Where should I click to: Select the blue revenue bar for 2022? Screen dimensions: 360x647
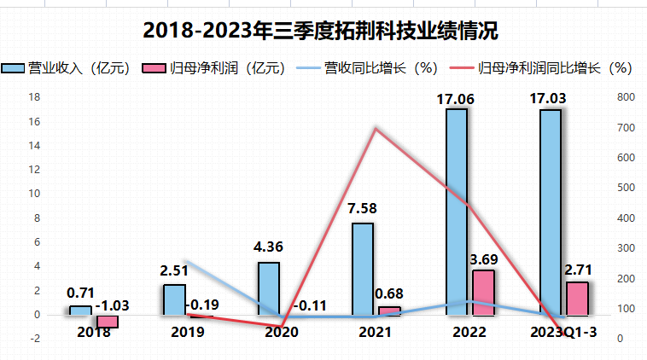(457, 212)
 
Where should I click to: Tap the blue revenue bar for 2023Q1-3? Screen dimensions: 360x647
(551, 212)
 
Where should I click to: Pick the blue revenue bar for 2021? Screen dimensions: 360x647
(363, 269)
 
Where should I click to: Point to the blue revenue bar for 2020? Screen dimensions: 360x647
(269, 288)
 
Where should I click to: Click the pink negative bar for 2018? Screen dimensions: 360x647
(108, 321)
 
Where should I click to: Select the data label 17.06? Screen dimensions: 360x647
(458, 99)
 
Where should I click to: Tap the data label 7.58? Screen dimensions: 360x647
(363, 207)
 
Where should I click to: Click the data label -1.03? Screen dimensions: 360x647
(111, 305)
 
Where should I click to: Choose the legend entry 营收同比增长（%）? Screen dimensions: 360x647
(367, 68)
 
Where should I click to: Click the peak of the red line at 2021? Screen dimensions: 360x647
(375, 128)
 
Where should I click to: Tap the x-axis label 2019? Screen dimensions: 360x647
(187, 332)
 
